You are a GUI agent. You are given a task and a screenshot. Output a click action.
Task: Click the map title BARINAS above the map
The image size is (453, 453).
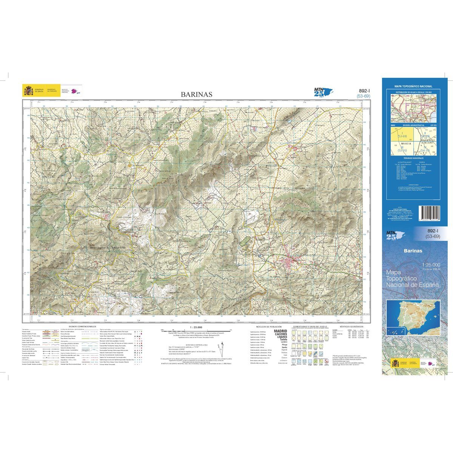click(196, 94)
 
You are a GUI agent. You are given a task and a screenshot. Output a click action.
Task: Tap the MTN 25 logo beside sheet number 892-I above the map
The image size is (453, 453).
click(321, 92)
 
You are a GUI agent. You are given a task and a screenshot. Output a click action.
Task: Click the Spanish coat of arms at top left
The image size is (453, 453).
click(29, 91)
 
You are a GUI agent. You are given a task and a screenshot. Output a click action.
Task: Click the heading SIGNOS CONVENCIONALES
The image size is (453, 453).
click(82, 326)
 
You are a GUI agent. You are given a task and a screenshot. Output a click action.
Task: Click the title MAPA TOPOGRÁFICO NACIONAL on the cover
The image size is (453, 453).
click(414, 86)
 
